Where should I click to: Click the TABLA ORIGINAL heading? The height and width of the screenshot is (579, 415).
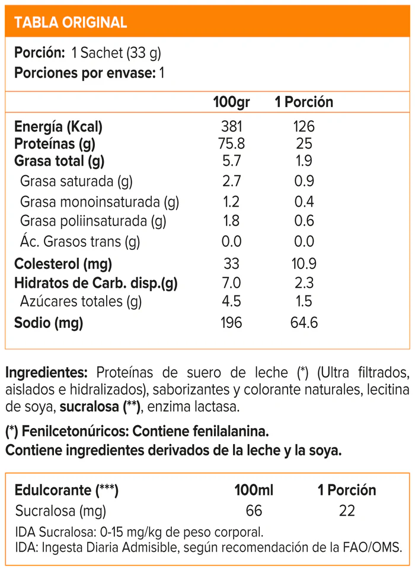[x=70, y=22]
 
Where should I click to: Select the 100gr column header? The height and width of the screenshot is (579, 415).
[x=231, y=102]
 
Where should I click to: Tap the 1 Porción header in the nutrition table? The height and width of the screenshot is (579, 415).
[x=304, y=102]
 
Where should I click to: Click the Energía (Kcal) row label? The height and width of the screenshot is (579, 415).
[x=58, y=127]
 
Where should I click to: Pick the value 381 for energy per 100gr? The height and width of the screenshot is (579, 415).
[x=231, y=127]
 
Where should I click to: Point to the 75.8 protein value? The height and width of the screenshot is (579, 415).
[x=231, y=144]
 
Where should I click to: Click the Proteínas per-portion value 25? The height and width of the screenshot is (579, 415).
[x=304, y=144]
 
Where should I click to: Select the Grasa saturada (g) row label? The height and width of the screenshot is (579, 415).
[x=76, y=181]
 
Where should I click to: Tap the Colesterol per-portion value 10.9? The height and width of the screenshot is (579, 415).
[x=304, y=263]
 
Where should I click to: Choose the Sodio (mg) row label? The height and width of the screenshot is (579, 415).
[x=49, y=323]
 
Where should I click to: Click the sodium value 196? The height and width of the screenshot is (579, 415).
[x=231, y=323]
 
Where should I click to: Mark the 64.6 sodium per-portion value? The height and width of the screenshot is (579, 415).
[x=304, y=323]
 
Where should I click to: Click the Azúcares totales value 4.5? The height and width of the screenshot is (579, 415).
[x=231, y=301]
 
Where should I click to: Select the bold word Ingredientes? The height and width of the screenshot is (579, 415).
[x=47, y=373]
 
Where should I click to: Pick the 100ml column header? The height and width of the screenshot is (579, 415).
[x=253, y=490]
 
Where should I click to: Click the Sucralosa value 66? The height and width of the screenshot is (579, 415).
[x=253, y=510]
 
